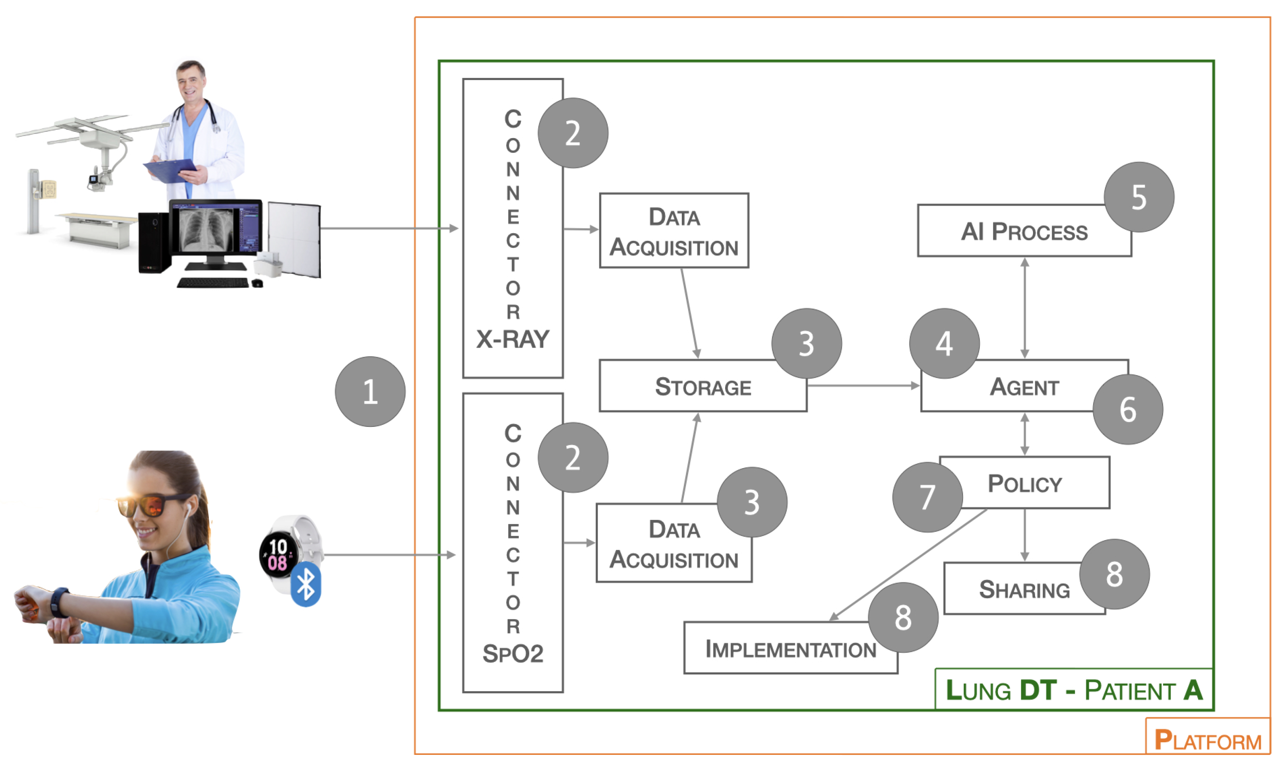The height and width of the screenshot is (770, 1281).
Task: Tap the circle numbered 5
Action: tap(1138, 197)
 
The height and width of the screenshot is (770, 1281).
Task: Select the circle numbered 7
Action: tap(927, 497)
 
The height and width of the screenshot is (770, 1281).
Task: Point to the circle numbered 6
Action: tap(1127, 409)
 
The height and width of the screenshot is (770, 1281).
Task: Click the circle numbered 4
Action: tap(944, 344)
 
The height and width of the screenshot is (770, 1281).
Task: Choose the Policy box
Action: tap(1025, 484)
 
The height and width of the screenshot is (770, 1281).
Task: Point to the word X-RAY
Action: tap(512, 339)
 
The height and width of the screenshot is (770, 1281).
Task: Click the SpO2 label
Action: tap(512, 653)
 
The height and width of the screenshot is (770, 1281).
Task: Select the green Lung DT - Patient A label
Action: tap(1073, 690)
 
